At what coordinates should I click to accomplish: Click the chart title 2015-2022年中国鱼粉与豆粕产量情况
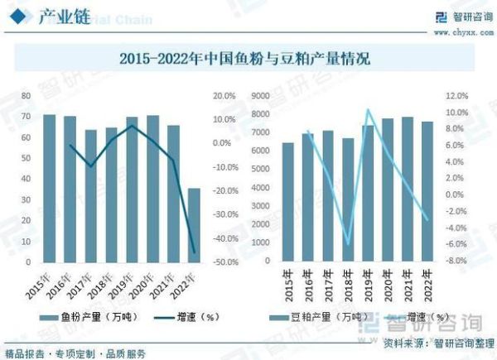(x=244, y=59)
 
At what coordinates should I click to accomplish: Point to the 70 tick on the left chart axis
(x=26, y=96)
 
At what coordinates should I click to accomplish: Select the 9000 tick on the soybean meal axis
(x=263, y=96)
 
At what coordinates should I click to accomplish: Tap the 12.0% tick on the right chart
(x=457, y=96)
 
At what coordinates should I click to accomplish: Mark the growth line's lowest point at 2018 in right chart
(x=348, y=245)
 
